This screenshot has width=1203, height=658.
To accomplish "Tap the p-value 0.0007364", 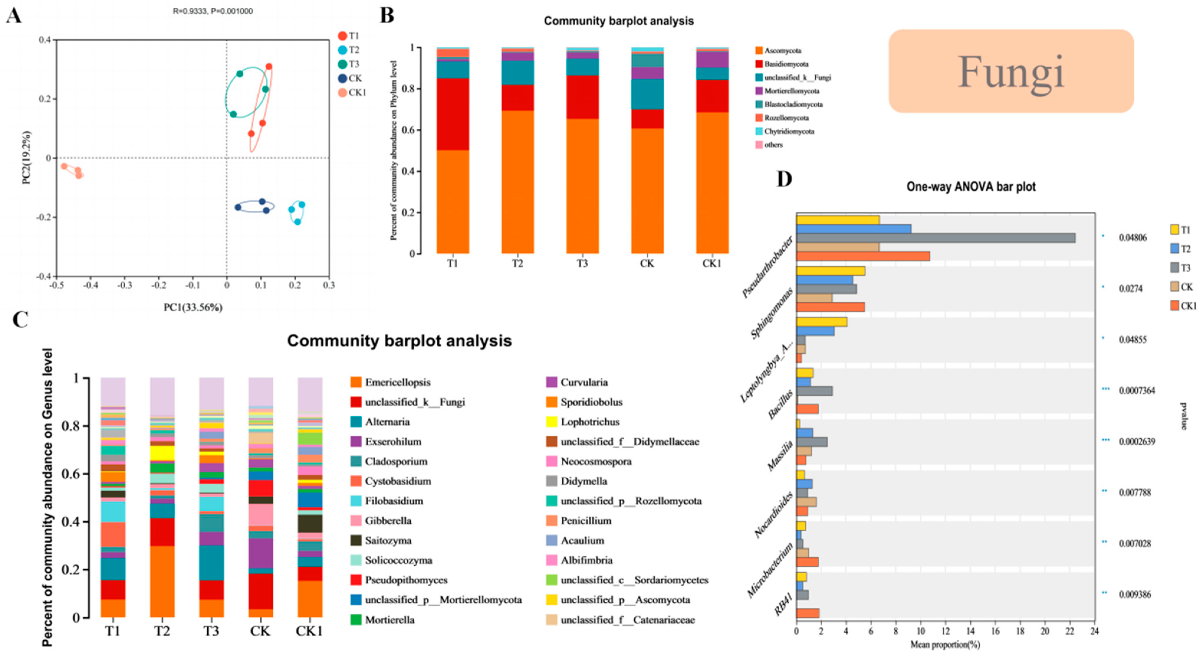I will click(x=1137, y=391).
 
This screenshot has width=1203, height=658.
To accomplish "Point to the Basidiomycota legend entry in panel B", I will click(x=786, y=64).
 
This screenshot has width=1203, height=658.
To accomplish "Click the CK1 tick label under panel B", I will click(x=712, y=263).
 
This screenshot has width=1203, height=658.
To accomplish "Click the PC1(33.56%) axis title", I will click(x=193, y=307).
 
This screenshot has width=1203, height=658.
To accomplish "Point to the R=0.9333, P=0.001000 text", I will click(x=213, y=11).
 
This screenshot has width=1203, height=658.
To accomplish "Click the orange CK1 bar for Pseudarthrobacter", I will click(x=862, y=256).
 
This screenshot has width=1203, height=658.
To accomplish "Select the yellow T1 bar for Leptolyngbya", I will click(x=821, y=322).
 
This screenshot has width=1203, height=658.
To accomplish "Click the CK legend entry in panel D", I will click(x=1186, y=287).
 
